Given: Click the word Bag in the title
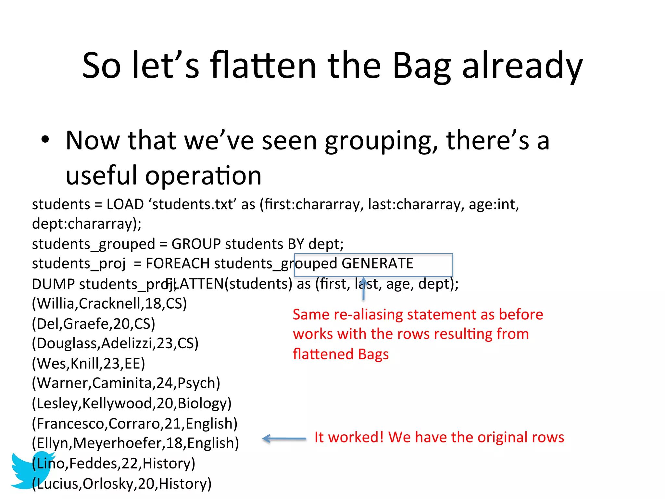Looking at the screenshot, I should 421,67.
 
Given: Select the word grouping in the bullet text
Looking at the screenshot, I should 381,141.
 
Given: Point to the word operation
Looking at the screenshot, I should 203,176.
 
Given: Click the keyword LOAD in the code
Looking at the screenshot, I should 125,205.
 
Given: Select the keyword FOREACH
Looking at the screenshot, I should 177,263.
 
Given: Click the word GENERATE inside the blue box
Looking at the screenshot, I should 377,263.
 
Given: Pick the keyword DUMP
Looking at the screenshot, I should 53,284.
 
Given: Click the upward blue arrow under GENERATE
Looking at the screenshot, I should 363,289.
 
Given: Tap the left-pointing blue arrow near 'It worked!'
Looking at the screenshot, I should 284,439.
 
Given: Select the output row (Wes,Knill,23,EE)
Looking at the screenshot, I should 88,364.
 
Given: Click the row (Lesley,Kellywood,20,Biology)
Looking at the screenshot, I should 132,403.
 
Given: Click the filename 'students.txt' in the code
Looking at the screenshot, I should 193,205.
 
